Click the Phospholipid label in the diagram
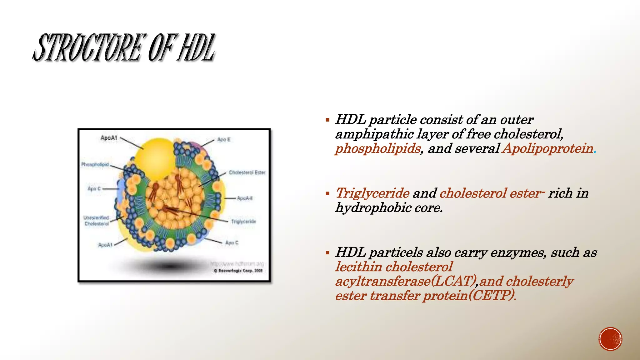point(95,164)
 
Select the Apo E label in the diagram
point(224,139)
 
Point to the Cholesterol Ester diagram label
point(247,172)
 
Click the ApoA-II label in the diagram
point(245,198)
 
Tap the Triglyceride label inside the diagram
point(243,222)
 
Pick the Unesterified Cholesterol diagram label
point(96,221)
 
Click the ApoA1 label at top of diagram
point(109,138)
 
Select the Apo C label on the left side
point(94,189)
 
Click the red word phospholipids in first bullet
point(378,148)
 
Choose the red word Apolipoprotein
point(547,148)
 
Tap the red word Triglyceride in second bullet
point(372,193)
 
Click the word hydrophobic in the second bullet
point(373,208)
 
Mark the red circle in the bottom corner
point(610,339)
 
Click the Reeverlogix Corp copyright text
point(238,271)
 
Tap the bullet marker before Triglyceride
point(327,194)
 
